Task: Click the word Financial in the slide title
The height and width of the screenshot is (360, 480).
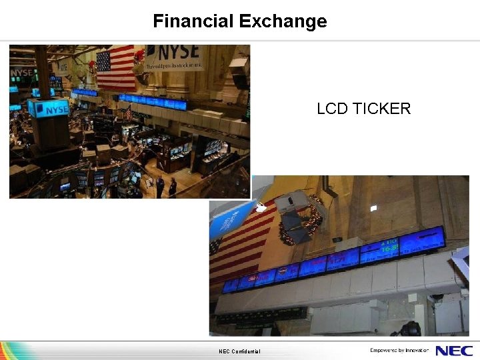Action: (x=193, y=21)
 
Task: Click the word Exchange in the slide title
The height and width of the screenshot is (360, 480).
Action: (x=283, y=21)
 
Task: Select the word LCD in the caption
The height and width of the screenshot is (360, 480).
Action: (x=331, y=109)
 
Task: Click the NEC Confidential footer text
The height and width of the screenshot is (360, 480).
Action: (x=239, y=351)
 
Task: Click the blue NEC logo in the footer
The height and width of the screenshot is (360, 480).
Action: (x=454, y=351)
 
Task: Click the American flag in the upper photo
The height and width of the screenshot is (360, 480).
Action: (x=115, y=67)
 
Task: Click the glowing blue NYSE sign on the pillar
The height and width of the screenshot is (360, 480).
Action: (x=48, y=108)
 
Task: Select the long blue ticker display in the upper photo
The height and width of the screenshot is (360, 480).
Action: (x=153, y=101)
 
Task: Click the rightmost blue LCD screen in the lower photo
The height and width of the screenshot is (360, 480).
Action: (x=422, y=239)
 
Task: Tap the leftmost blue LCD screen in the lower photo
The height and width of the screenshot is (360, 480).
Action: (x=230, y=285)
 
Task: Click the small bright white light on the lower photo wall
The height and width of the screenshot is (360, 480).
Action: (x=374, y=209)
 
